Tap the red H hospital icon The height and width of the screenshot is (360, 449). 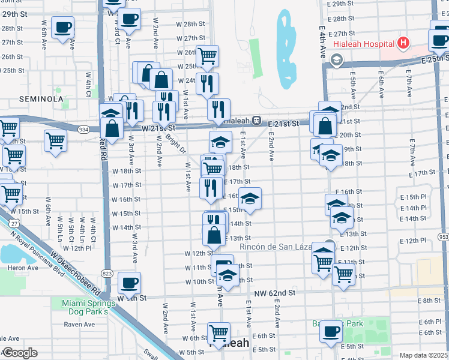click(x=403, y=43)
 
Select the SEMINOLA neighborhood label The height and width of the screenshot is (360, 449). click(x=41, y=98)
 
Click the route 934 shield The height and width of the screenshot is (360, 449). click(x=83, y=128)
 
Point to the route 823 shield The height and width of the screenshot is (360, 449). click(x=107, y=272)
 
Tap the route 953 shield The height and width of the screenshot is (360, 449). click(x=444, y=238)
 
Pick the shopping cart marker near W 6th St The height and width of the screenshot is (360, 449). click(x=218, y=332)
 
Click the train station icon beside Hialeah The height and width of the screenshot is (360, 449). click(x=256, y=121)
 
